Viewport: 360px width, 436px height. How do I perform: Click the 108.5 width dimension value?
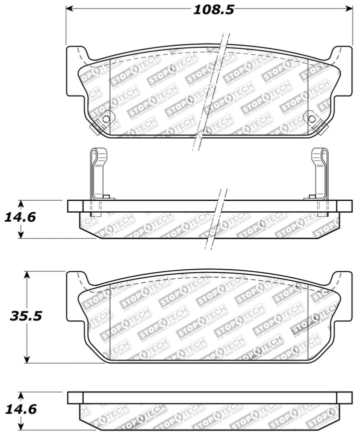coord(213,10)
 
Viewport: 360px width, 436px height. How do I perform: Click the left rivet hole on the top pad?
coord(105,119)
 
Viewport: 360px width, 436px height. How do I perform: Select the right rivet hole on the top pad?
coord(312,119)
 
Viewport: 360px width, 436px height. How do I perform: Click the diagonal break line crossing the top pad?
coord(212,90)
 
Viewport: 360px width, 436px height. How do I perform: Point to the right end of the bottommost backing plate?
coord(345,398)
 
